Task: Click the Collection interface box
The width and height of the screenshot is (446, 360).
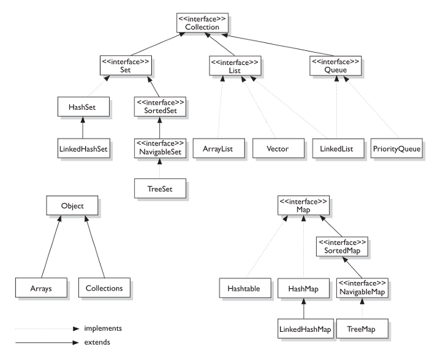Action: pyautogui.click(x=202, y=23)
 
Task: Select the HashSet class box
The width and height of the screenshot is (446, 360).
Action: pyautogui.click(x=83, y=107)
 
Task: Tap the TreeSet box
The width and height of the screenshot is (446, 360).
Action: pyautogui.click(x=160, y=188)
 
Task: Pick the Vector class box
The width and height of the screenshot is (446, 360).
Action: pyautogui.click(x=279, y=148)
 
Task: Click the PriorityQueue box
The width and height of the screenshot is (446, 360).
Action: pyautogui.click(x=396, y=148)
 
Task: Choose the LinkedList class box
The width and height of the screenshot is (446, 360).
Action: pyautogui.click(x=338, y=148)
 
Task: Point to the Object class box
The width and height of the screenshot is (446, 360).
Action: pyautogui.click(x=72, y=205)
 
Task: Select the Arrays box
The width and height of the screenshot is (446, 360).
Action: pyautogui.click(x=41, y=288)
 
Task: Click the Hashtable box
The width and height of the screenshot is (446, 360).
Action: pyautogui.click(x=245, y=288)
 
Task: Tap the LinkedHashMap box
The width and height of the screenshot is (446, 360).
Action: pyautogui.click(x=306, y=329)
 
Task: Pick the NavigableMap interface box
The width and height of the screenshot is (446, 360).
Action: pyautogui.click(x=362, y=288)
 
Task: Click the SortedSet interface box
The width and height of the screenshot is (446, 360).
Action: pyautogui.click(x=160, y=107)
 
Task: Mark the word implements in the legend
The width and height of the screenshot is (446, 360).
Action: pyautogui.click(x=103, y=328)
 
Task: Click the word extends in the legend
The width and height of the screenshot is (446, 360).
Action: pyautogui.click(x=97, y=342)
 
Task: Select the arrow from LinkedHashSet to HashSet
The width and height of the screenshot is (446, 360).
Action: pyautogui.click(x=83, y=128)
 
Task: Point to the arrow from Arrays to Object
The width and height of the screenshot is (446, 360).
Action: pyautogui.click(x=51, y=247)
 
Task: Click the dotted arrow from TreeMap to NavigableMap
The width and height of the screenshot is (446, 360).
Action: pyautogui.click(x=362, y=308)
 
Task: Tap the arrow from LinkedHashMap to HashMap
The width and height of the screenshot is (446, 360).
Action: pyautogui.click(x=303, y=308)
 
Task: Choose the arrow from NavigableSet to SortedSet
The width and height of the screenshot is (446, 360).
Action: pyautogui.click(x=159, y=128)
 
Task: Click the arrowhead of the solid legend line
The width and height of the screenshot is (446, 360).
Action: pyautogui.click(x=76, y=342)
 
